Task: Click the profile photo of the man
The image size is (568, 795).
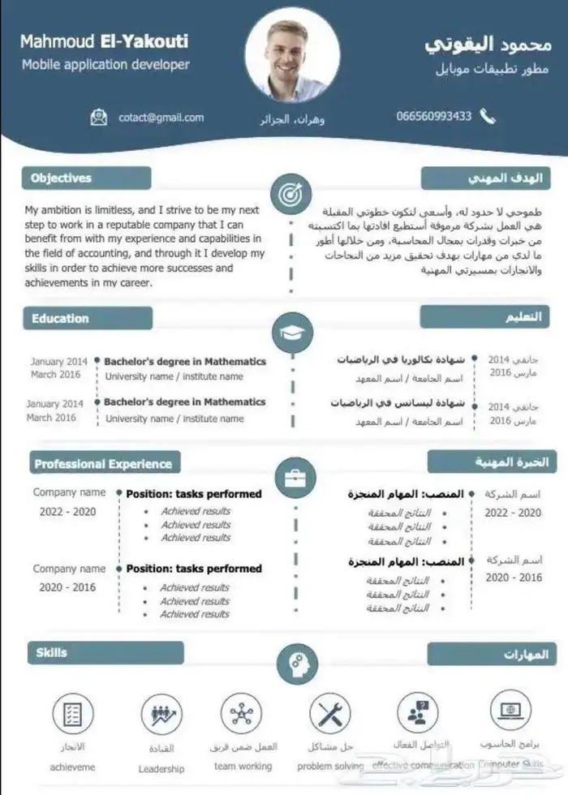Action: click(x=291, y=56)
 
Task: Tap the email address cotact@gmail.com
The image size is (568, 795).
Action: click(x=161, y=118)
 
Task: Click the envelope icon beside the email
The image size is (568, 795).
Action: click(x=99, y=118)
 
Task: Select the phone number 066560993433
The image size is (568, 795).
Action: click(x=433, y=116)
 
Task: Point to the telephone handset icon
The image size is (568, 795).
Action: click(x=488, y=116)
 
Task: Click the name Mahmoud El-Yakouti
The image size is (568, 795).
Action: click(x=104, y=41)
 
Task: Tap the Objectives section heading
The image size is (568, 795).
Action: click(x=62, y=178)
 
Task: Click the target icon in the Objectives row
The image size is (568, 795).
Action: click(x=290, y=195)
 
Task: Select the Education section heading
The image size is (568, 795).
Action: click(x=61, y=318)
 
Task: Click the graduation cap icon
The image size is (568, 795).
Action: click(x=291, y=333)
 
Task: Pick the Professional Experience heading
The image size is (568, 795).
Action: click(x=103, y=464)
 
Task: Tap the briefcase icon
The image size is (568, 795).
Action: click(x=295, y=477)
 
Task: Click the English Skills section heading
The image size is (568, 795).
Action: click(x=52, y=652)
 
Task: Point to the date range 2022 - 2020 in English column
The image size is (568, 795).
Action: click(x=68, y=512)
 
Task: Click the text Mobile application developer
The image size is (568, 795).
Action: click(x=105, y=64)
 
